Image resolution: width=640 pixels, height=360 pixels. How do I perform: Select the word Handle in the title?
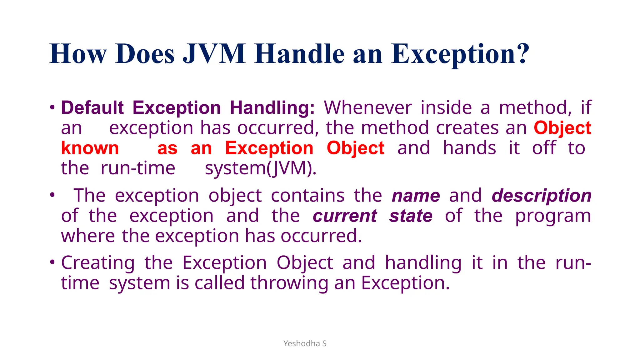[x=299, y=54]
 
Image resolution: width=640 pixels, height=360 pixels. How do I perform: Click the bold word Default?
[x=92, y=108]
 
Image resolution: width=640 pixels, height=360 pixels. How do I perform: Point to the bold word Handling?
[x=272, y=108]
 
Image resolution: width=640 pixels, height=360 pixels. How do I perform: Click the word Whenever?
[x=368, y=108]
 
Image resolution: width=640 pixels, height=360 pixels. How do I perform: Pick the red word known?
[x=90, y=148]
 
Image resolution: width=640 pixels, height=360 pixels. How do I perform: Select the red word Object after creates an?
[x=562, y=128]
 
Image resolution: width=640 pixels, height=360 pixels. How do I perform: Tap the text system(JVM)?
[x=261, y=168]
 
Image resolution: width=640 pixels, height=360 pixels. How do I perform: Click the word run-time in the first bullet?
[x=138, y=168]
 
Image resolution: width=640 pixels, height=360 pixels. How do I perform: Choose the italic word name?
[x=416, y=196]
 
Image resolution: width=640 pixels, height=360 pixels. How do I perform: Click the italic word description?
[x=542, y=196]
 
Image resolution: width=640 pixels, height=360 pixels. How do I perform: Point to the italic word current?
[x=345, y=216]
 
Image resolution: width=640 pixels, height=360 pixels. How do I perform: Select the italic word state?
[x=411, y=216]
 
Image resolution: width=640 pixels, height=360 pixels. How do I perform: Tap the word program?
[x=553, y=216]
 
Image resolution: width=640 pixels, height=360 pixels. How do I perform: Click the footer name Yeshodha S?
[x=305, y=343]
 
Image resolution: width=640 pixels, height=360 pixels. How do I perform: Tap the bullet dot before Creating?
[x=52, y=262]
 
